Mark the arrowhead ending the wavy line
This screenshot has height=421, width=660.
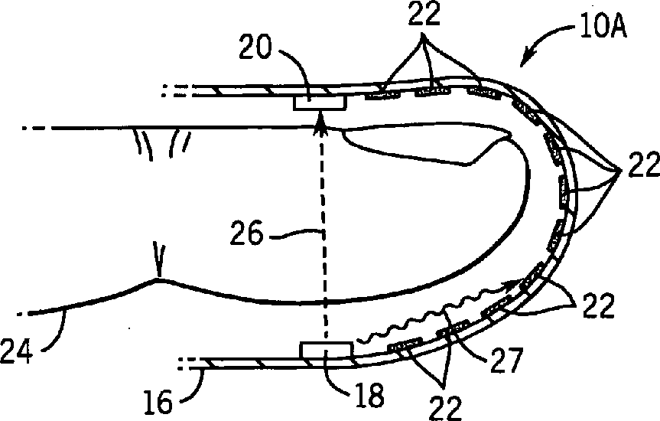tap(509, 286)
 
